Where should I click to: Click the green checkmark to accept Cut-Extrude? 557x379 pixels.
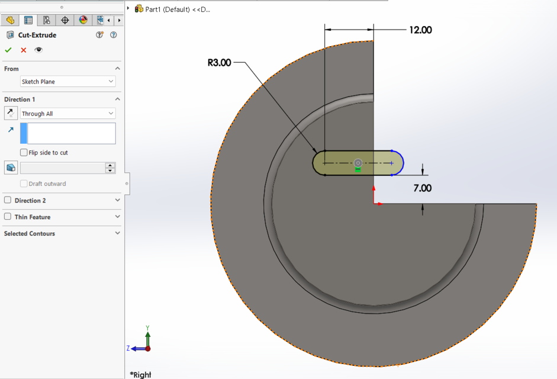(8, 50)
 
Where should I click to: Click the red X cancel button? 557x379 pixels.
(24, 50)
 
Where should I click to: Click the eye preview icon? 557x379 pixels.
(38, 50)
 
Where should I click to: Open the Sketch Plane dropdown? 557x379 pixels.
(67, 82)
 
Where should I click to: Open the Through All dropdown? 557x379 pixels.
(67, 114)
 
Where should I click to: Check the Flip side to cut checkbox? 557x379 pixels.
(24, 153)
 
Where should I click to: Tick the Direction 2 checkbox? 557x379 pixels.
(8, 200)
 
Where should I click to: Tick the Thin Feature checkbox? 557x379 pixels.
(8, 217)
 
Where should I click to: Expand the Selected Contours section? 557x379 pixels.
(117, 233)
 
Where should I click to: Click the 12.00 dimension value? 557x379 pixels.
(420, 30)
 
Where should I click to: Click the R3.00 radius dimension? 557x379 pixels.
(220, 63)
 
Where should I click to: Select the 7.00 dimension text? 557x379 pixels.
(422, 188)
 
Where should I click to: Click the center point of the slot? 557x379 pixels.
(358, 163)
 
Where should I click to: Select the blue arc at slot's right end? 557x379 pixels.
(403, 163)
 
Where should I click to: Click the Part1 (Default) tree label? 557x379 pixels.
(177, 9)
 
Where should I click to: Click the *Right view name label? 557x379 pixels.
(141, 374)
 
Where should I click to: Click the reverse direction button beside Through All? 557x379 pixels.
(11, 113)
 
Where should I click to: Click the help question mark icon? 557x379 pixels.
(114, 35)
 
